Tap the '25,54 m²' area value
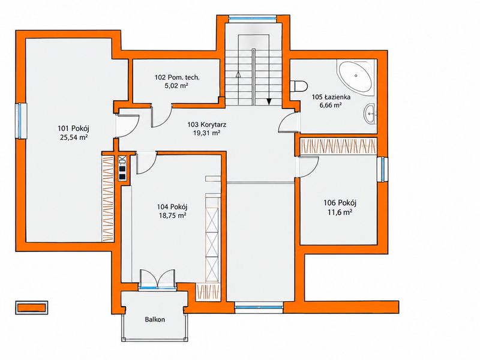pyautogui.click(x=74, y=137)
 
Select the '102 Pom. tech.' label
pyautogui.click(x=177, y=77)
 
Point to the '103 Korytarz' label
pyautogui.click(x=206, y=125)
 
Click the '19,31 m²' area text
pyautogui.click(x=207, y=133)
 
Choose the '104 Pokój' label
pyautogui.click(x=172, y=206)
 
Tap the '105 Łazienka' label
pyautogui.click(x=327, y=97)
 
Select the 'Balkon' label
pyautogui.click(x=155, y=320)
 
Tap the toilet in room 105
pyautogui.click(x=298, y=86)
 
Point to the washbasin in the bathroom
pyautogui.click(x=370, y=113)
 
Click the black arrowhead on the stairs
pyautogui.click(x=269, y=101)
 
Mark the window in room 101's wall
pyautogui.click(x=21, y=121)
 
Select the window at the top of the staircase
pyautogui.click(x=253, y=19)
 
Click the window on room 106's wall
pyautogui.click(x=383, y=169)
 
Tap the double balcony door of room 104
pyautogui.click(x=157, y=279)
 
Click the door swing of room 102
pyautogui.click(x=162, y=116)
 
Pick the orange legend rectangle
pyautogui.click(x=32, y=307)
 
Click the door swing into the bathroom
pyautogui.click(x=289, y=122)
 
